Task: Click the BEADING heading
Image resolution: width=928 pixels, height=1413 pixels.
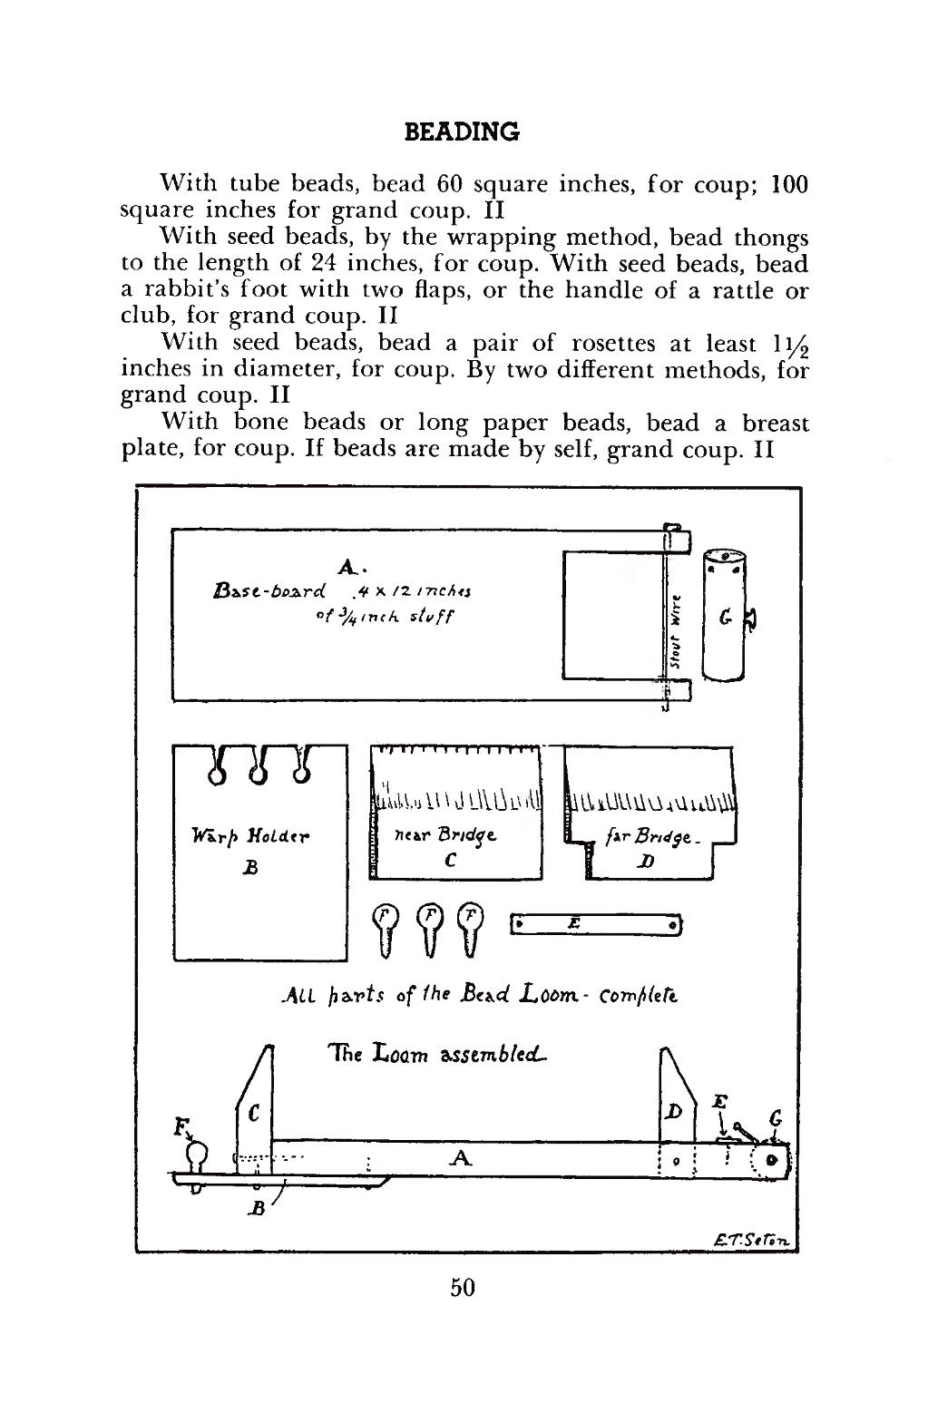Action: click(462, 132)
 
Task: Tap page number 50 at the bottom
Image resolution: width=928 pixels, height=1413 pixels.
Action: click(463, 1288)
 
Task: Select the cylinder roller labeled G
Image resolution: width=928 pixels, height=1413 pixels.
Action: click(725, 615)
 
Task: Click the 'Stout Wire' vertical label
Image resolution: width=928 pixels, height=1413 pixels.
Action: click(676, 631)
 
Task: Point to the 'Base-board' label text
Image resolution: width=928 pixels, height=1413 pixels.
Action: click(269, 590)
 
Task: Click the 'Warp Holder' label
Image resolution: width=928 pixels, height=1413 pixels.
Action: click(250, 836)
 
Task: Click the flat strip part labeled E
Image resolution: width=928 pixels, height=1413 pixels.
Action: click(596, 925)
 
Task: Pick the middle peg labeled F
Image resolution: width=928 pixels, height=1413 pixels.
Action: click(430, 931)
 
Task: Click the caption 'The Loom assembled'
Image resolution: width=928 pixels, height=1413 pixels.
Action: click(438, 1054)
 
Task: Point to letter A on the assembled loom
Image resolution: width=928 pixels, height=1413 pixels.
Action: click(461, 1158)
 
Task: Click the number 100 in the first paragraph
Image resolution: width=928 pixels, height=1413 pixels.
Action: click(790, 184)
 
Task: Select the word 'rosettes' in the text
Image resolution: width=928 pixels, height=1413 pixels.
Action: click(613, 343)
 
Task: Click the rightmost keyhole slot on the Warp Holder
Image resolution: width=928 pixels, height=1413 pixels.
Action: click(301, 765)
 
